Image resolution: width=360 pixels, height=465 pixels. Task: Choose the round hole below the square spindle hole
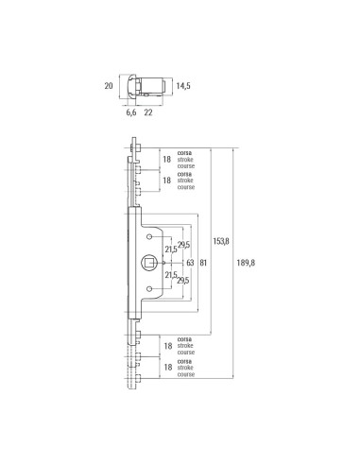[x=148, y=286]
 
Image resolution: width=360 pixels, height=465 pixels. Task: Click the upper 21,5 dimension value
[x=172, y=250]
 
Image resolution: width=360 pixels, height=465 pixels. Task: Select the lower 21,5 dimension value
[x=172, y=274]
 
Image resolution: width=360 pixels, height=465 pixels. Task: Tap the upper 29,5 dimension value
[x=183, y=243]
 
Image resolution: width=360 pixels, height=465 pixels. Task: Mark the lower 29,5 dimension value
[x=183, y=281]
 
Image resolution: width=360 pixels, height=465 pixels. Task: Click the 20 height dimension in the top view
[x=108, y=86]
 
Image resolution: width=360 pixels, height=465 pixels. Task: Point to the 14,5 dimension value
[x=183, y=86]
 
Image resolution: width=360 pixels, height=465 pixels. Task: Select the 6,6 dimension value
[x=130, y=112]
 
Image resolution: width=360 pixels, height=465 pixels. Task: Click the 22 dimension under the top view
[x=149, y=112]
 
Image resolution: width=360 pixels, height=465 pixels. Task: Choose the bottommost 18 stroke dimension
[x=167, y=367]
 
